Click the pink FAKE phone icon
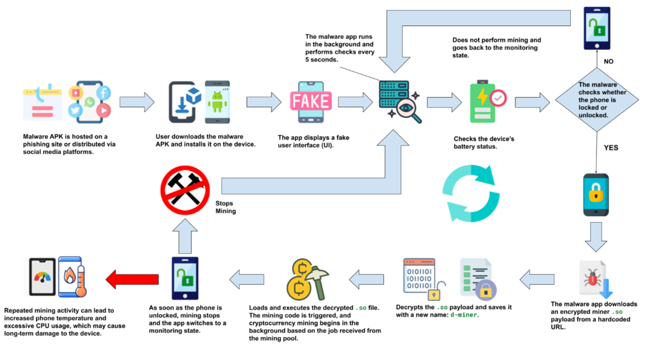(311, 102)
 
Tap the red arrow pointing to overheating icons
(132, 279)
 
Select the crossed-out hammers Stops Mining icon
(185, 190)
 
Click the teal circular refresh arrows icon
(471, 193)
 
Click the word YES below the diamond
(611, 148)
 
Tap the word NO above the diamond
(608, 62)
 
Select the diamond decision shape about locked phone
(596, 100)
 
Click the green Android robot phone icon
(217, 102)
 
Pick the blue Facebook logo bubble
(104, 92)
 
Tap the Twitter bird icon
(75, 111)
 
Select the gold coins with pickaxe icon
(308, 280)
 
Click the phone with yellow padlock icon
(596, 195)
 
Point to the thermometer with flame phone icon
(72, 277)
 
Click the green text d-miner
(464, 315)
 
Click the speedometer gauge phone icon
(43, 277)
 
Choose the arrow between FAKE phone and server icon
(355, 102)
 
